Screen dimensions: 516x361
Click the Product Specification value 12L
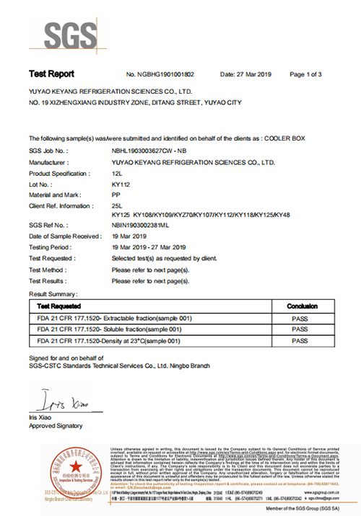point(118,174)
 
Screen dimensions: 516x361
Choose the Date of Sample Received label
point(65,236)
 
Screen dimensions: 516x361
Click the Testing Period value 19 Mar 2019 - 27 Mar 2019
point(149,247)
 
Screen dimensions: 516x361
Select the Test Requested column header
point(55,306)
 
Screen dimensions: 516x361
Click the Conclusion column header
point(297,306)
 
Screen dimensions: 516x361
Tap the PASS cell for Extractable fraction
point(297,318)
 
